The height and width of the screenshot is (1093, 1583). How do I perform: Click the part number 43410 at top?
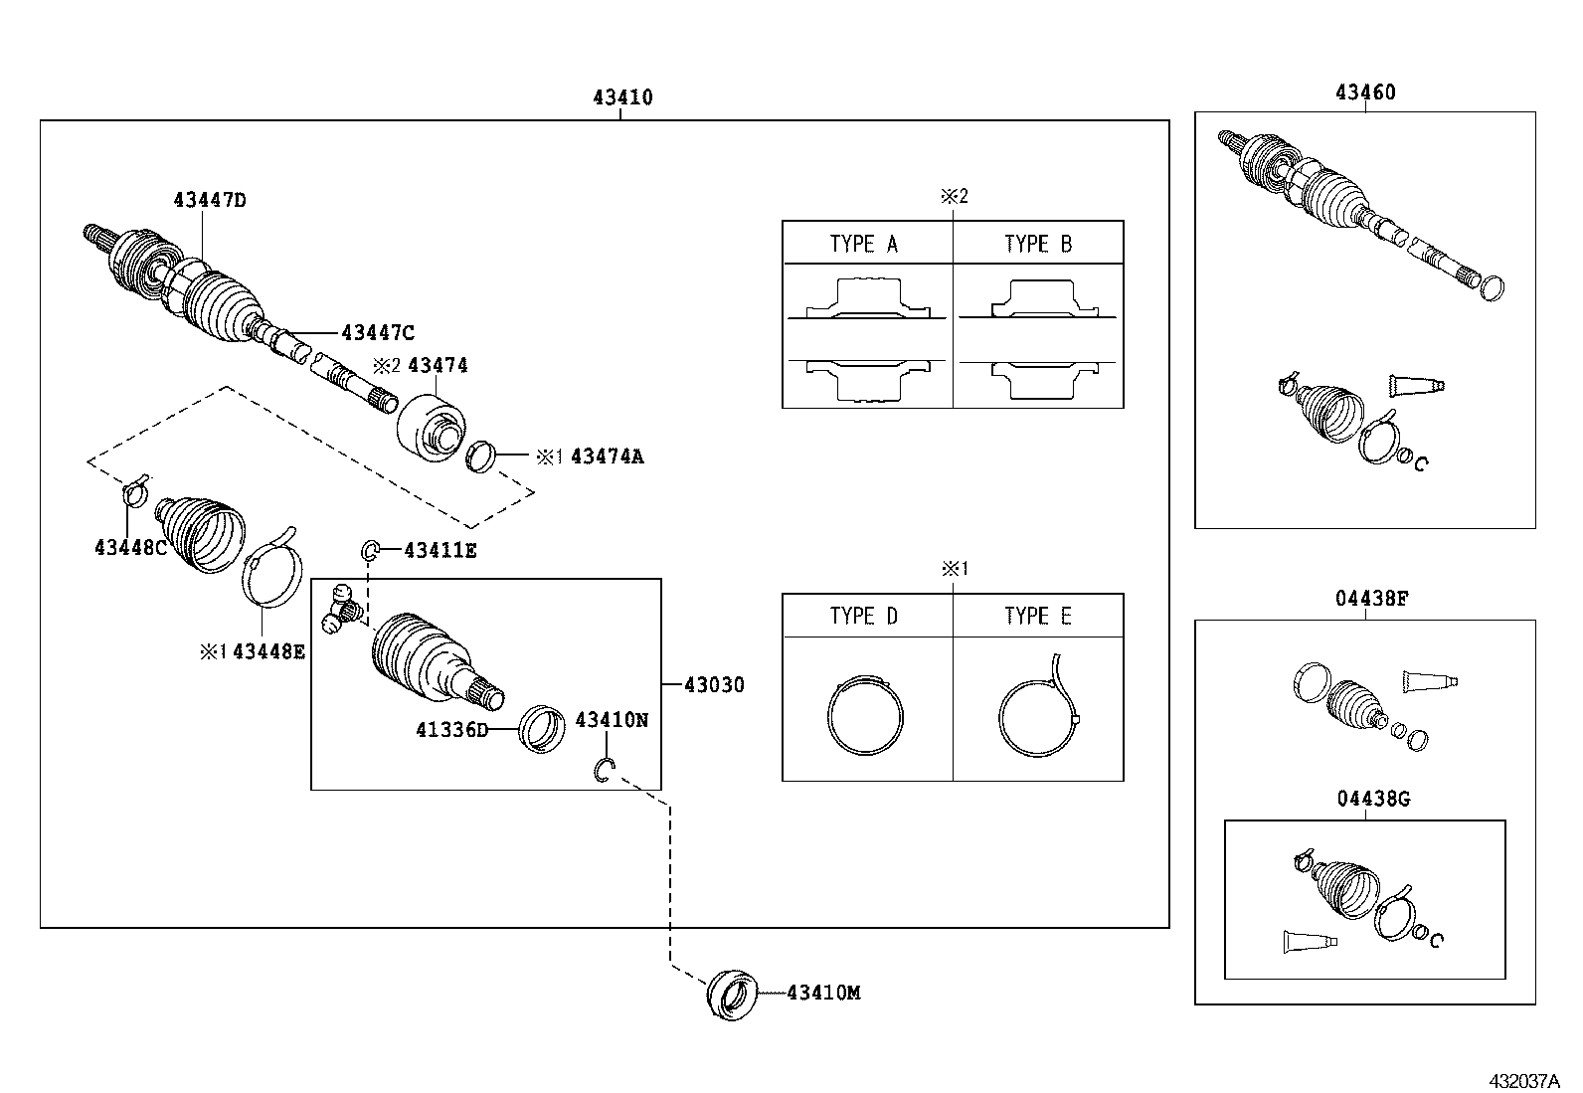click(622, 97)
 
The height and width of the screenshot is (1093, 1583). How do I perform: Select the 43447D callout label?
click(209, 200)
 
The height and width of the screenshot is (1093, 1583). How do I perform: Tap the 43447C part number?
click(377, 332)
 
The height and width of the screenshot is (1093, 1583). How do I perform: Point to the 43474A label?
click(607, 456)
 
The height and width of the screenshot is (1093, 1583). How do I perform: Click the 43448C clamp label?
click(130, 547)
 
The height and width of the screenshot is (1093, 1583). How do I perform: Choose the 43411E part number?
click(440, 550)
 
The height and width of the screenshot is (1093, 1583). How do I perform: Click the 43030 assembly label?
click(714, 685)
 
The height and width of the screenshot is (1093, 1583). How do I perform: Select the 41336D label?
click(452, 730)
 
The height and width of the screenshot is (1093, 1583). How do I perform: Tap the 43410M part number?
click(823, 993)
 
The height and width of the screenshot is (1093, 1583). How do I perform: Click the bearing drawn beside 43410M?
click(732, 994)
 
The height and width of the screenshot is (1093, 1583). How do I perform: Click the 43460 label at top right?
click(1365, 92)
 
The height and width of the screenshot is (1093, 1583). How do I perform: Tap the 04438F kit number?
click(1365, 599)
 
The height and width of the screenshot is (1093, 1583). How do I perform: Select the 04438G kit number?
click(1365, 799)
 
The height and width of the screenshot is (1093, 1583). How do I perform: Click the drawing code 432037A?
click(1525, 1080)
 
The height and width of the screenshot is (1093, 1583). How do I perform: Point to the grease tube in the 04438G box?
click(1304, 942)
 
